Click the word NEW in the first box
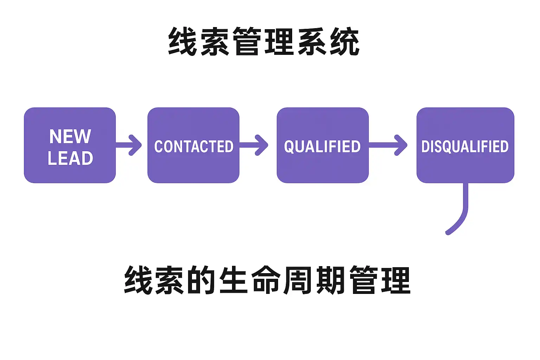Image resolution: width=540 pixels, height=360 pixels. [70, 136]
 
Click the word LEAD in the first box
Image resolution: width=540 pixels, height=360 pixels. [70, 158]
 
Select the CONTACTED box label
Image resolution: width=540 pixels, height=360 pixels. [194, 147]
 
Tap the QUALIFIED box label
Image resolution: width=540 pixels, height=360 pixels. [322, 147]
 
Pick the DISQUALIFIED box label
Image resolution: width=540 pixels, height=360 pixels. [465, 147]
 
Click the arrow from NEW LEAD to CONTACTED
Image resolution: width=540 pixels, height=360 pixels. [130, 145]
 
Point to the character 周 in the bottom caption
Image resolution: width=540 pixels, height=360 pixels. [298, 280]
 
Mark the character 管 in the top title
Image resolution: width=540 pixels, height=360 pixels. [247, 41]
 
